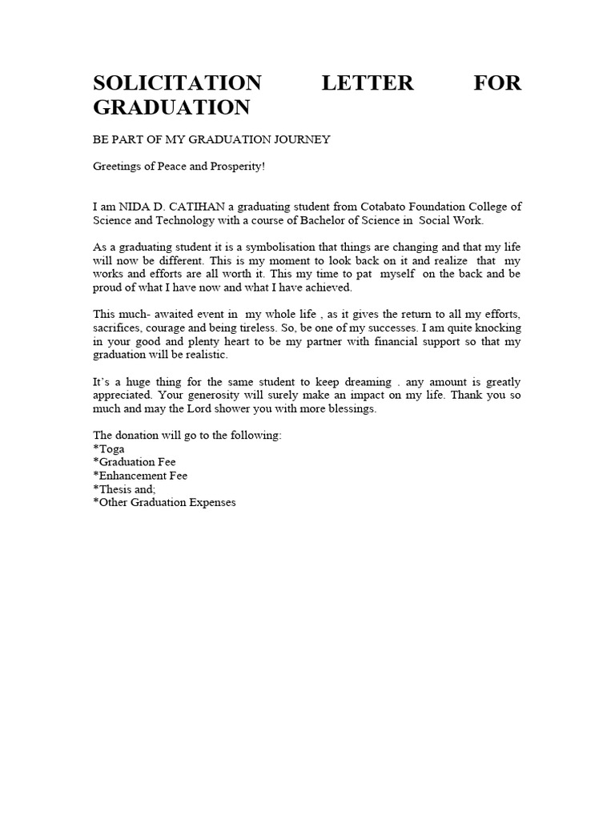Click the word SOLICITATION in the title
(177, 83)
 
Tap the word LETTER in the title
(368, 83)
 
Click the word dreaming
(366, 382)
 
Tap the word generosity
(215, 395)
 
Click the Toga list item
(109, 448)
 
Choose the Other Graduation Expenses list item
(165, 502)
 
